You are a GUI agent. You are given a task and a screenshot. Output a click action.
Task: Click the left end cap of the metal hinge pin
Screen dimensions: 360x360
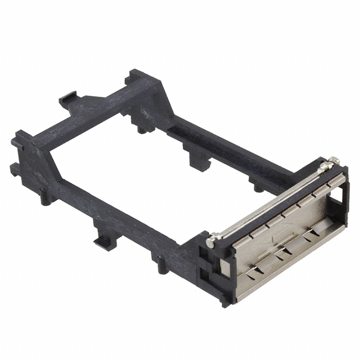tap(210, 242)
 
